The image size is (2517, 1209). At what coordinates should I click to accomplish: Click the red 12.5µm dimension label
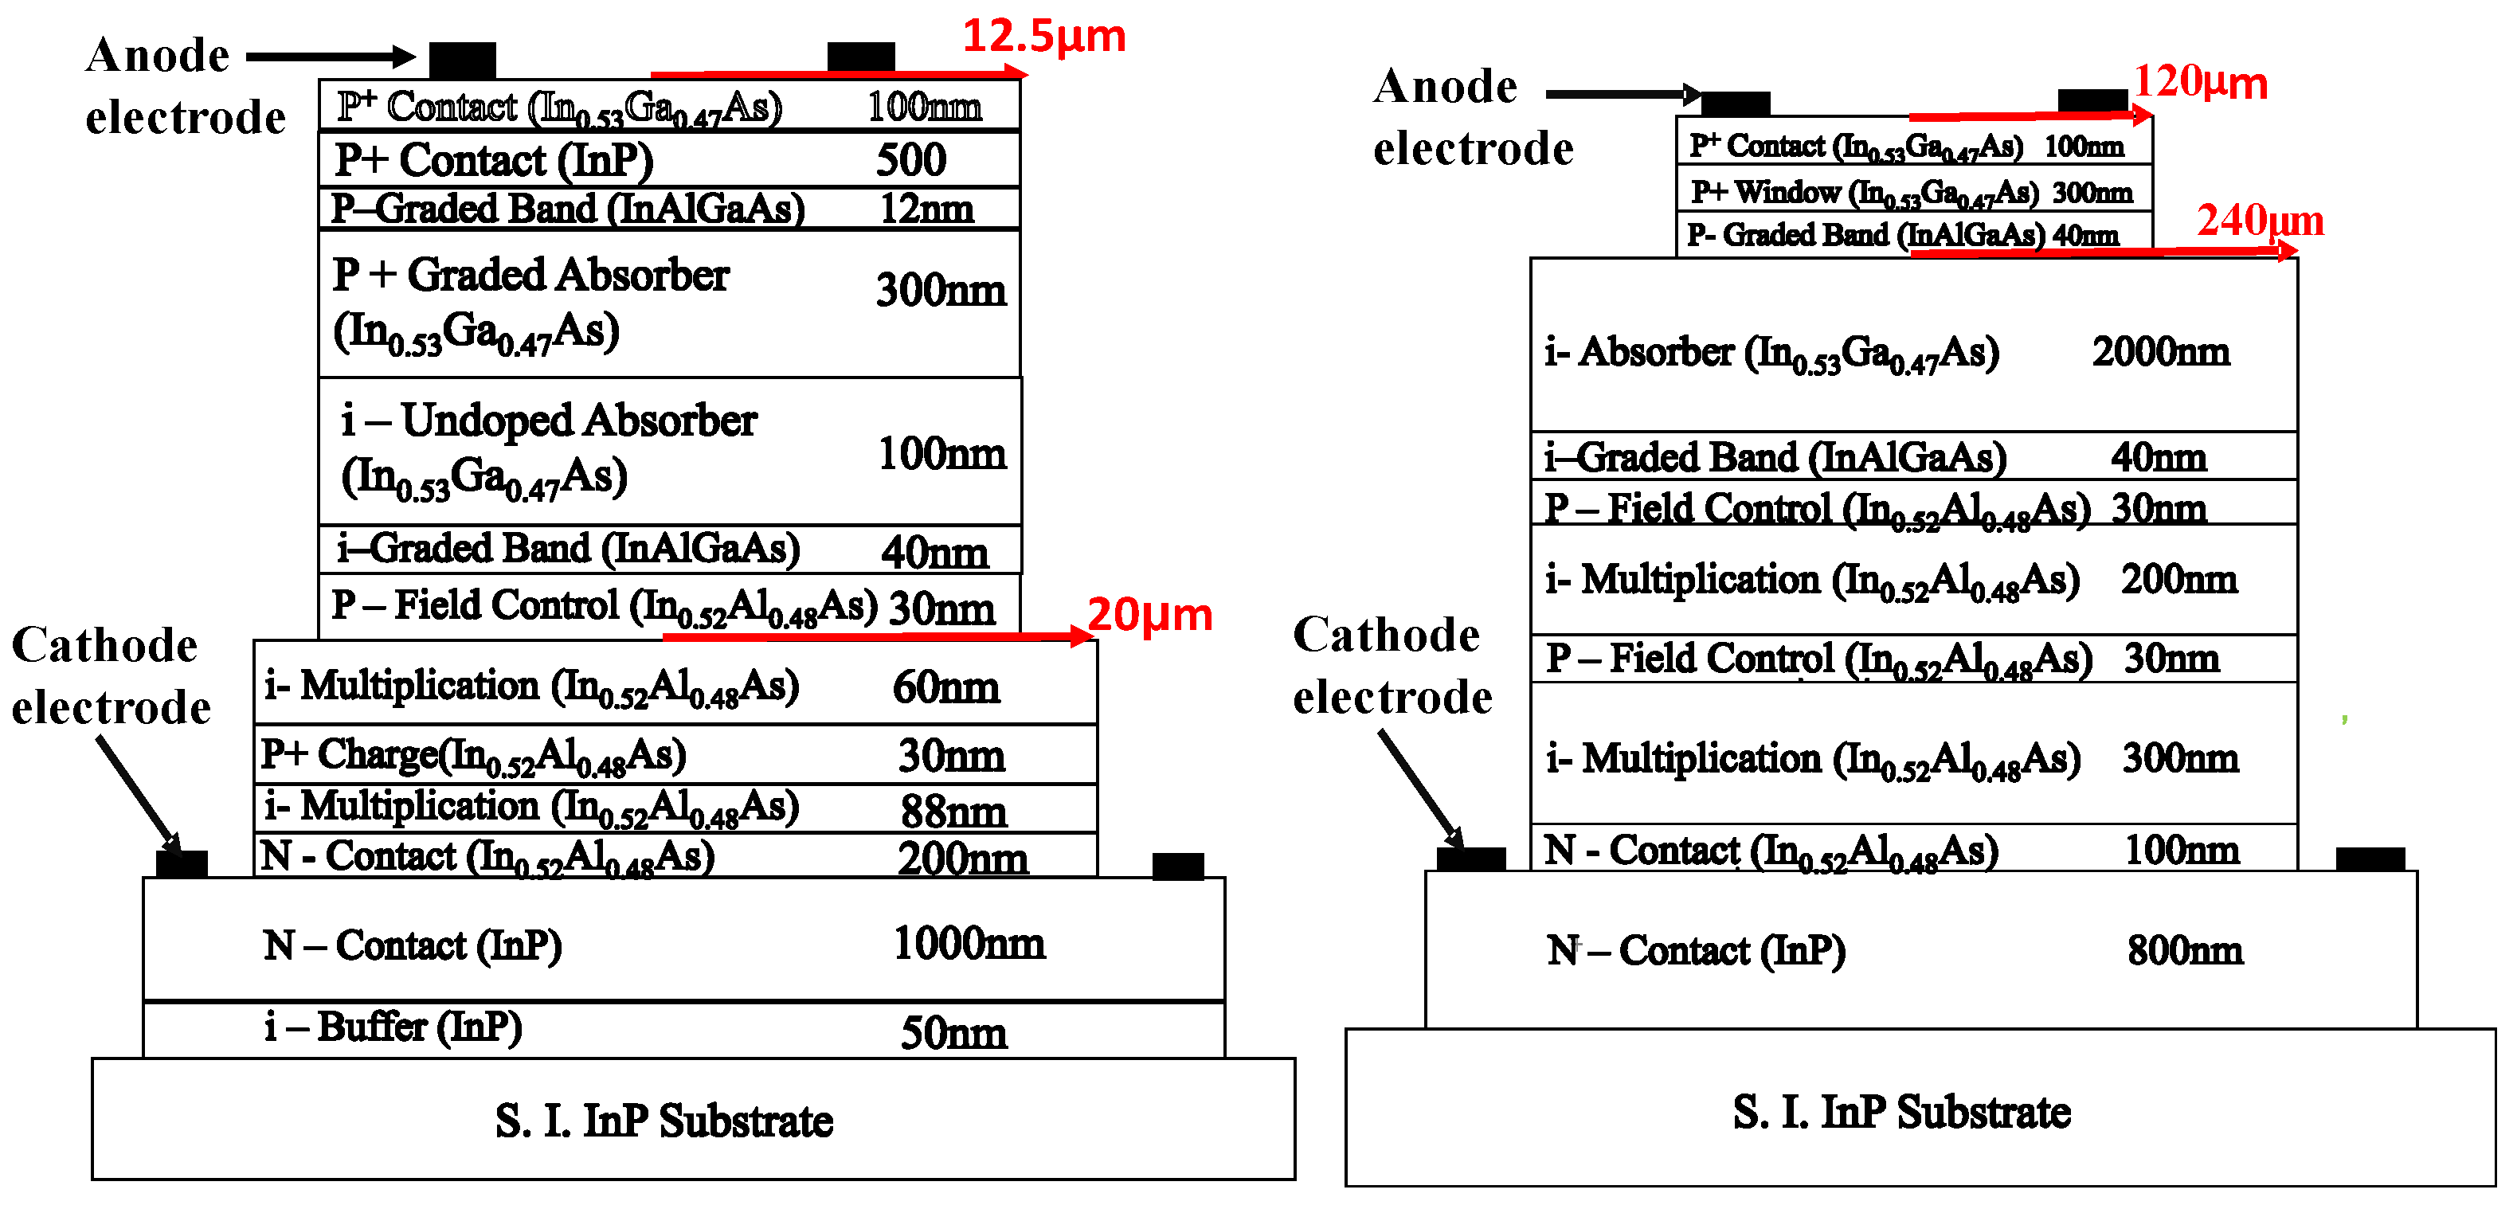(1043, 36)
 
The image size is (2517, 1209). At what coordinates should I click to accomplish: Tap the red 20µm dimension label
(1149, 615)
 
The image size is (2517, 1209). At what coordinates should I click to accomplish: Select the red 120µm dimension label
(2199, 82)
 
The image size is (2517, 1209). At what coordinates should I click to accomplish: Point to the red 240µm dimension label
(2260, 220)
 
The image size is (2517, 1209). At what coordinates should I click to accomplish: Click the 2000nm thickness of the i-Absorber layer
(2160, 352)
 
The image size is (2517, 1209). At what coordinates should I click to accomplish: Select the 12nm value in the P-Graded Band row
(926, 208)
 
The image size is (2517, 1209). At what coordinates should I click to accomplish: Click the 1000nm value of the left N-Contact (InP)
(969, 943)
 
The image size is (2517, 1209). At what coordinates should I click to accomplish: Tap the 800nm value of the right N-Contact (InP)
(2185, 950)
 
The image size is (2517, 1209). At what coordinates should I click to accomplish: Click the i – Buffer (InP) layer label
(393, 1027)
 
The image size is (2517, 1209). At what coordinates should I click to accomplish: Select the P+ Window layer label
(1865, 193)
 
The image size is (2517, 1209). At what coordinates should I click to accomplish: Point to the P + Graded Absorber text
(530, 276)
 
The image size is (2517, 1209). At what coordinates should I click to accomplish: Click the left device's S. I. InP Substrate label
(664, 1120)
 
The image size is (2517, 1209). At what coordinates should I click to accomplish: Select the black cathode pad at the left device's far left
(182, 863)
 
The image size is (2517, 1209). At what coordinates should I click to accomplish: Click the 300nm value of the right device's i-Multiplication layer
(2179, 758)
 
